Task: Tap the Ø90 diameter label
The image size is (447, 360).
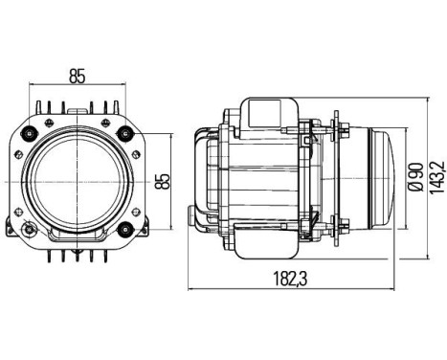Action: (x=413, y=178)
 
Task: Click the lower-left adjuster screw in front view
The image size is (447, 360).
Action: (x=32, y=230)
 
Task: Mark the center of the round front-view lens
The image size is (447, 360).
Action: (x=80, y=179)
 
